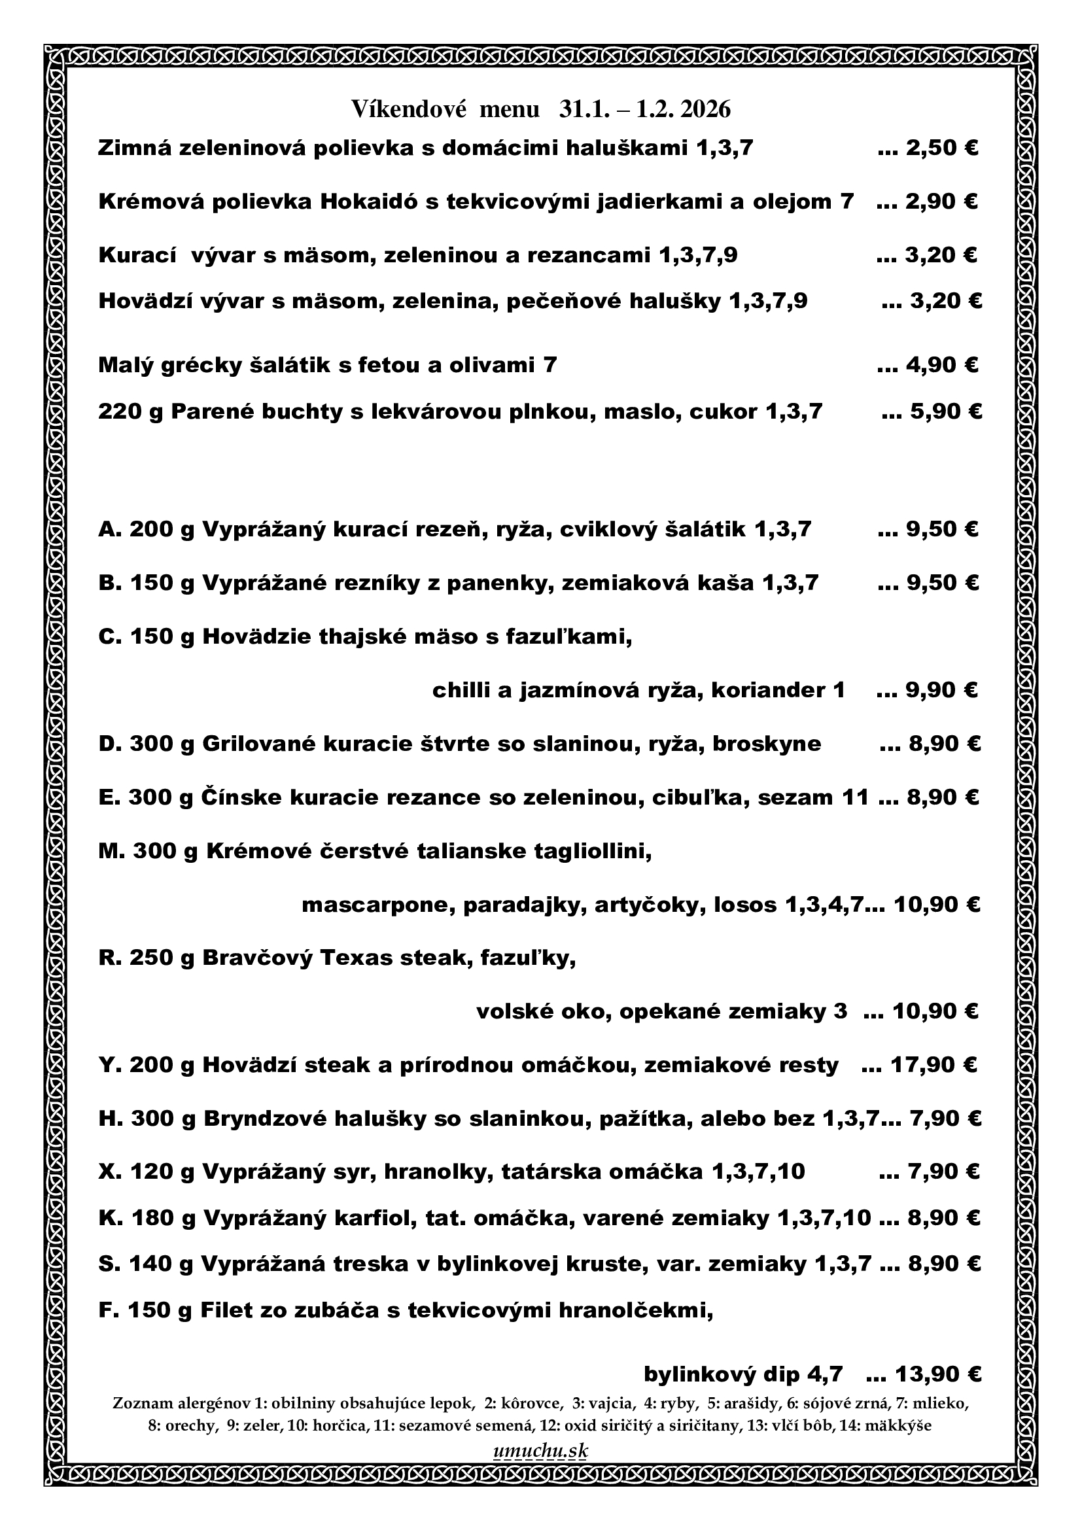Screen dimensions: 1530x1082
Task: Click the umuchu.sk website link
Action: point(540,1450)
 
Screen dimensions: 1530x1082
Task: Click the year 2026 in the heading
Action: point(707,109)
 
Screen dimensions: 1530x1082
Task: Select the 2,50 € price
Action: point(941,148)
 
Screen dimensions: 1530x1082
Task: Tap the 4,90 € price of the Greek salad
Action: point(941,365)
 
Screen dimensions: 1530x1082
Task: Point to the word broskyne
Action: point(766,744)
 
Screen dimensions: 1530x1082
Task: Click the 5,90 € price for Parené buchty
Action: point(945,412)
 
